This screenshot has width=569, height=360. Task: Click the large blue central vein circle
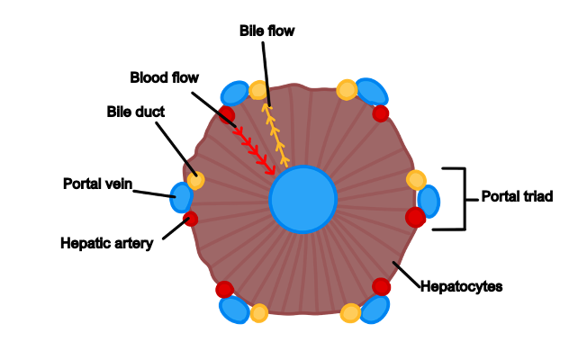(x=303, y=199)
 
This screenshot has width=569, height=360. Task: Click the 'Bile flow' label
(x=266, y=31)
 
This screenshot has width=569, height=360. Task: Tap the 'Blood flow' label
(x=164, y=77)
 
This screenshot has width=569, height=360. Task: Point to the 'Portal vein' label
(x=97, y=184)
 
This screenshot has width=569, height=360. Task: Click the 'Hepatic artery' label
(x=106, y=242)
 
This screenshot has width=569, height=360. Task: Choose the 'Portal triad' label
(x=516, y=195)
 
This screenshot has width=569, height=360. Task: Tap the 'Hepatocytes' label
(x=461, y=286)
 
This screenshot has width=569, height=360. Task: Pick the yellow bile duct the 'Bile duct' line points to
(x=195, y=180)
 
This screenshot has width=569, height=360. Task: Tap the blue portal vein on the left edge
(x=182, y=197)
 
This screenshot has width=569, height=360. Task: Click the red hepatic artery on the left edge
(x=190, y=219)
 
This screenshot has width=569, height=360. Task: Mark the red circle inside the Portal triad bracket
(x=415, y=217)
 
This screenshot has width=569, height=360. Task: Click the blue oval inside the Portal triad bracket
(x=429, y=201)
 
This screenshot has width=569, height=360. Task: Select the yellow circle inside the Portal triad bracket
(x=416, y=180)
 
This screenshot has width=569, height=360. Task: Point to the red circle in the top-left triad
(x=226, y=115)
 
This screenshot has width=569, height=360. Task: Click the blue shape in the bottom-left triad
(x=234, y=309)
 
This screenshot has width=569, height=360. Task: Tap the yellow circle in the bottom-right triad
(x=350, y=312)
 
